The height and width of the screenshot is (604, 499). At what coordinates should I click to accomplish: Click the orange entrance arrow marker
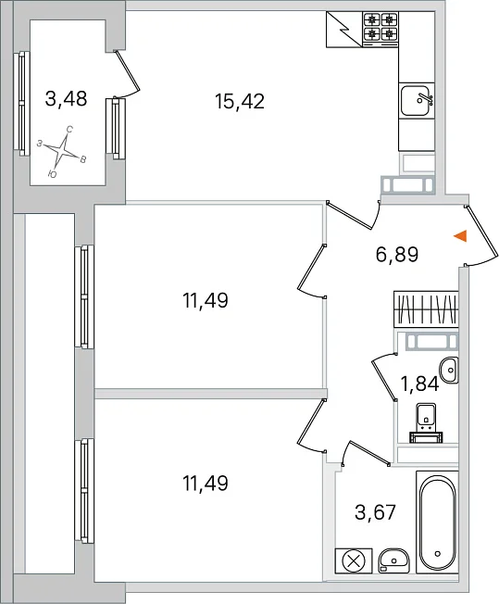coord(461,235)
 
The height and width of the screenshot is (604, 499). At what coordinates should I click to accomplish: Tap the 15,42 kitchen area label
coord(240,102)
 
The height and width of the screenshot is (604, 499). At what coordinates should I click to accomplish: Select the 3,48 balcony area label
coord(66,98)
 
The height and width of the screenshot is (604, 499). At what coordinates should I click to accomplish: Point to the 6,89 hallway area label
coord(396,254)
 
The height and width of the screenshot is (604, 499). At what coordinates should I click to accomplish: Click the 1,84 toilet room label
coord(419,384)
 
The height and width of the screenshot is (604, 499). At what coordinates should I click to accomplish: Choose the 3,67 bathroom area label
coord(375,512)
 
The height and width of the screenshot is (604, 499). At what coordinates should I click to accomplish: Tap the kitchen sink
coord(417,101)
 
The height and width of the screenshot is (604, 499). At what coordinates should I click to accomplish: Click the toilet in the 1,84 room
coord(426,422)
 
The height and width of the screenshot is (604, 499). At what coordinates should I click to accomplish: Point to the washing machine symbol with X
coord(354,560)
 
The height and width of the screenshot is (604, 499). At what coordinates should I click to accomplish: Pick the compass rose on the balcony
coord(62,151)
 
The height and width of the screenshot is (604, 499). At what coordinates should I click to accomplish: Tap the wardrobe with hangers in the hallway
coord(426,309)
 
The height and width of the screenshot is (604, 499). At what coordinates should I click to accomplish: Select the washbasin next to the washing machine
coord(393,561)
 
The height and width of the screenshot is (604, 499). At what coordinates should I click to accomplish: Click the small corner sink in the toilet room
coord(449,370)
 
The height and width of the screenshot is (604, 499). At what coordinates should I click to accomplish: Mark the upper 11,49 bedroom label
coord(206,300)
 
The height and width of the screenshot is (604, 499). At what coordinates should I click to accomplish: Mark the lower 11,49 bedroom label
coord(206,483)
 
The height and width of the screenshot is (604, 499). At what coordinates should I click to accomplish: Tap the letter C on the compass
coord(69,130)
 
